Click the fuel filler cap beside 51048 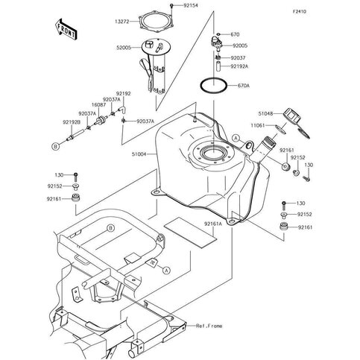click(x=291, y=116)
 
